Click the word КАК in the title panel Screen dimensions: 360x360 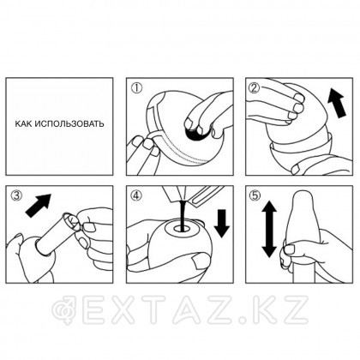(x=23, y=124)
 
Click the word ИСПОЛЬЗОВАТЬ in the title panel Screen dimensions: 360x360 (x=69, y=124)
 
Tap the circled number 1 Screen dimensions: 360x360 (x=136, y=88)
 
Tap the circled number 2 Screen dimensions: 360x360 (x=254, y=87)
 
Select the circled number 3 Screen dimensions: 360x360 (x=16, y=195)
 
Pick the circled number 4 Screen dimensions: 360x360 (x=136, y=195)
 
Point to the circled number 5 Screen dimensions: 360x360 (x=255, y=195)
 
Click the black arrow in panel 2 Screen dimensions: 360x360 (x=337, y=103)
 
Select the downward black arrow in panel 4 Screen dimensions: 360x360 (x=222, y=224)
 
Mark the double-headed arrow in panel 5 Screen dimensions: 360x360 (x=269, y=230)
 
